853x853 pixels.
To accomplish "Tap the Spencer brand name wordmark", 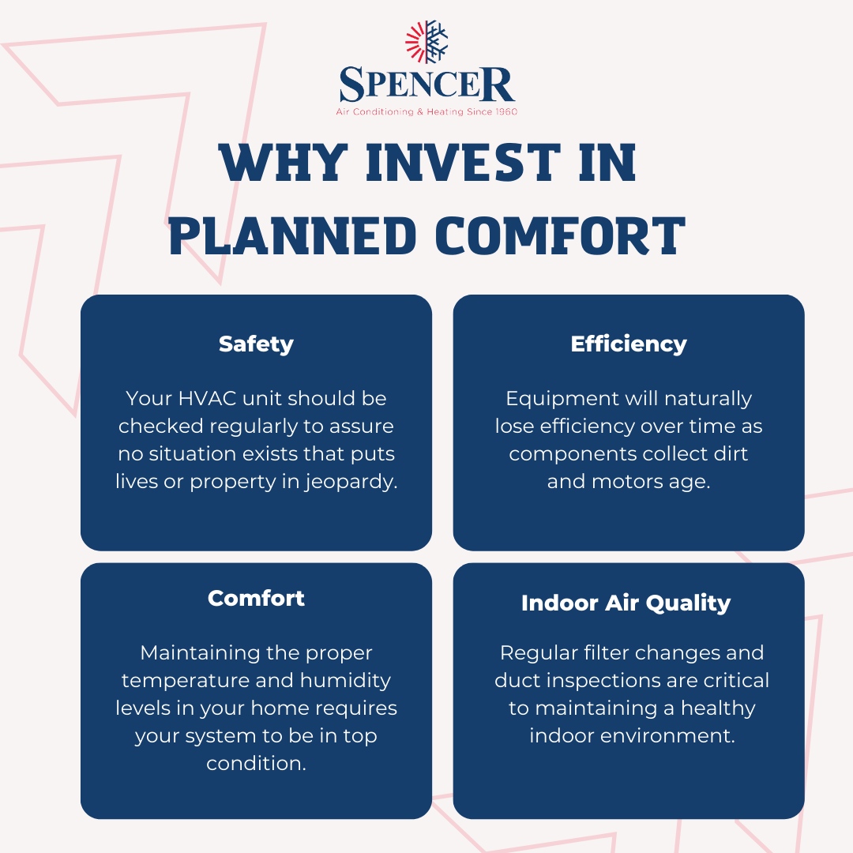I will click(x=426, y=85).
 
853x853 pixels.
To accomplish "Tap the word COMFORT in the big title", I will click(x=561, y=235).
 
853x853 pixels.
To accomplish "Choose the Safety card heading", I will click(x=256, y=344).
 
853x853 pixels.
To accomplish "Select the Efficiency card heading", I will click(x=629, y=344).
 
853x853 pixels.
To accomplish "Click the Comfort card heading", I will click(x=256, y=598).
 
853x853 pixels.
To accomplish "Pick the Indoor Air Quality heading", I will click(x=626, y=603).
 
